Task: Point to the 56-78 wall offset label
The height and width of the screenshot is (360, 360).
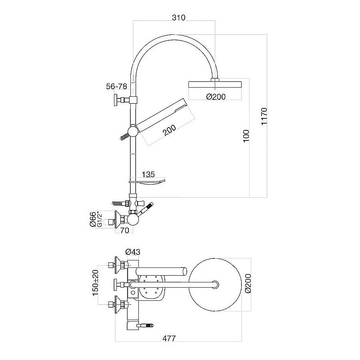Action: point(117,86)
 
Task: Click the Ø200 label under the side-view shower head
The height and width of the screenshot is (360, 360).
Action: point(216,96)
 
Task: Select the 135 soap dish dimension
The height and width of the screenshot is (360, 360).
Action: point(148,174)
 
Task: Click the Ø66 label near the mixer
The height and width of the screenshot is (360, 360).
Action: point(92,219)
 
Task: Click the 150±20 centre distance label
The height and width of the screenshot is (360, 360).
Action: point(95,282)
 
